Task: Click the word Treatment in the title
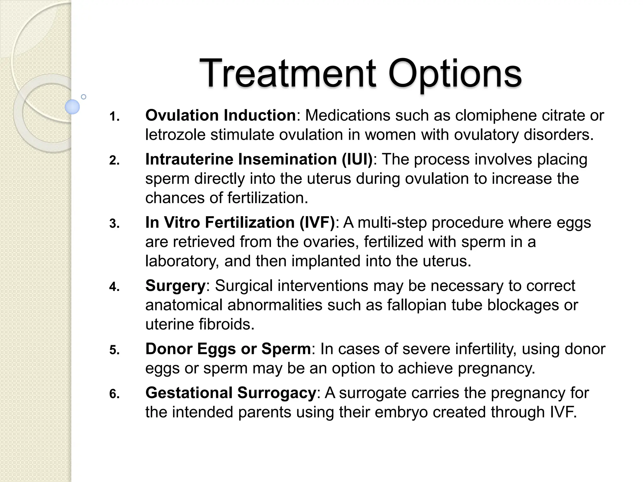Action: (287, 74)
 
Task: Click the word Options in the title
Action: (455, 74)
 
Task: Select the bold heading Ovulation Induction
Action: (220, 115)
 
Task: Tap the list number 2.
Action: (114, 161)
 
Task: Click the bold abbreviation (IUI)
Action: (357, 159)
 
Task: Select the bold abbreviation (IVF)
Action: (317, 222)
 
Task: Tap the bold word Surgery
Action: (175, 286)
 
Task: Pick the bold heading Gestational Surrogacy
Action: (230, 393)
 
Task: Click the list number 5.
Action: (114, 350)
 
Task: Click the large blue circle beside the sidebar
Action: (72, 107)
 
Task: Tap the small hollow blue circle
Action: (84, 97)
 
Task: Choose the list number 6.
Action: (114, 394)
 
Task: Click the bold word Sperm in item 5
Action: (286, 349)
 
